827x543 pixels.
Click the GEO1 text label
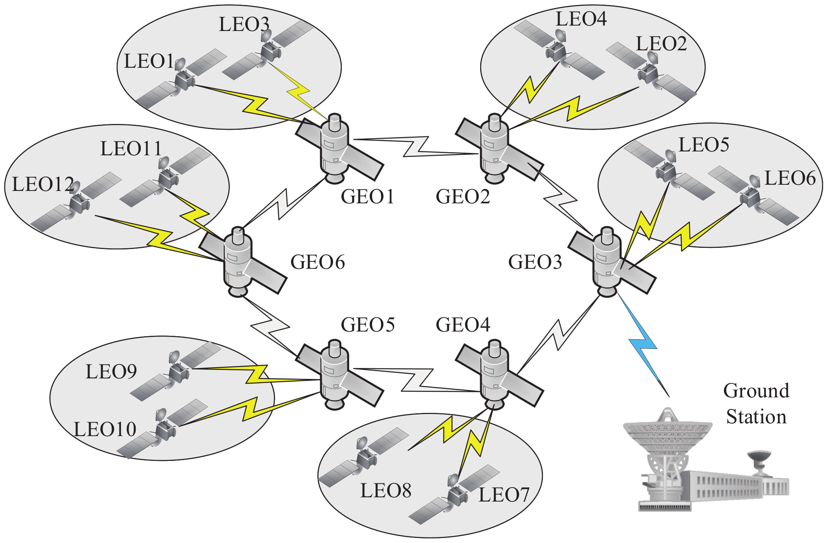click(367, 196)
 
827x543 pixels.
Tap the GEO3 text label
click(535, 262)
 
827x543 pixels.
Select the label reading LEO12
click(43, 184)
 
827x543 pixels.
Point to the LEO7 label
click(504, 495)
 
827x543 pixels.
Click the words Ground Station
click(756, 404)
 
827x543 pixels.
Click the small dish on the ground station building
click(759, 457)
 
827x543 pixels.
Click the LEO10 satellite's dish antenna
click(161, 414)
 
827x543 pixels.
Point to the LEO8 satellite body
click(366, 459)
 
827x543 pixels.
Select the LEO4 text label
click(581, 19)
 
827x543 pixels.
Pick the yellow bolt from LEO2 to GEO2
click(574, 108)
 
